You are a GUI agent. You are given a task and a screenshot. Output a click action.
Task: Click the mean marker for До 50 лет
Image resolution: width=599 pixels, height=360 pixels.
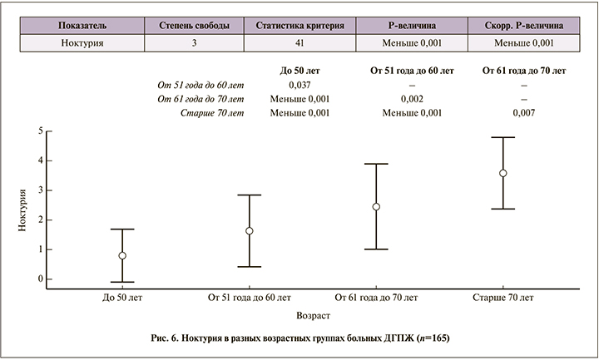point(122,256)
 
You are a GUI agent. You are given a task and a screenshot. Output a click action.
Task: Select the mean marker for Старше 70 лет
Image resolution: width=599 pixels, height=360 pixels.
point(503,173)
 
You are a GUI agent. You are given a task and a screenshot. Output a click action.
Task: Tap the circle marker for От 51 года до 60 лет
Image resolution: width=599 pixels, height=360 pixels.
point(249,231)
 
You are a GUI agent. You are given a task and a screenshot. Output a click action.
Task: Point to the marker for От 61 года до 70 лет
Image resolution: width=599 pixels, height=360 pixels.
point(376,206)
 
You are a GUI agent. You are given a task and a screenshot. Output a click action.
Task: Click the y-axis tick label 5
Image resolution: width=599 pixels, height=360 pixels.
point(39,131)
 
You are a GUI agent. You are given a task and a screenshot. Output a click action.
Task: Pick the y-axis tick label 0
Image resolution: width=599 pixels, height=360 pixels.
point(39,279)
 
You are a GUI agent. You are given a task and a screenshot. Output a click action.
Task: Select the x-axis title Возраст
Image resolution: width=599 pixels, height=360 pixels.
point(313,317)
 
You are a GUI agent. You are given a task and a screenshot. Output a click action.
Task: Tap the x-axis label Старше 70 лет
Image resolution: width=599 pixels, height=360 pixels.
point(502,297)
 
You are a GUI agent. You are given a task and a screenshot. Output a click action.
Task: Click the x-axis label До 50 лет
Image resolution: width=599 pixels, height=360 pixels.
point(122,297)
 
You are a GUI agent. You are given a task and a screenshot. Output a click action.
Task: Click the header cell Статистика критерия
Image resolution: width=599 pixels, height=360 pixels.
point(299,27)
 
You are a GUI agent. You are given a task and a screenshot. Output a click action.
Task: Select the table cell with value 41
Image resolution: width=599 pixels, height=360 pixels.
point(299,42)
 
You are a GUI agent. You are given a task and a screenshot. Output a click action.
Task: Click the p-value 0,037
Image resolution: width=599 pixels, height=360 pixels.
point(299,84)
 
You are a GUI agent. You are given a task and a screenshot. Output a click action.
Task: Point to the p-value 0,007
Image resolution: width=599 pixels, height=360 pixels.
point(523,112)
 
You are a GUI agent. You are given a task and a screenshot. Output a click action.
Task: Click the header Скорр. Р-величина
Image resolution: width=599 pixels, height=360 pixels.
point(524,27)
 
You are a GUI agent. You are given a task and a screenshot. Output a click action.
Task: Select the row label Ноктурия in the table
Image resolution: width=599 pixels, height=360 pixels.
point(81,42)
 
